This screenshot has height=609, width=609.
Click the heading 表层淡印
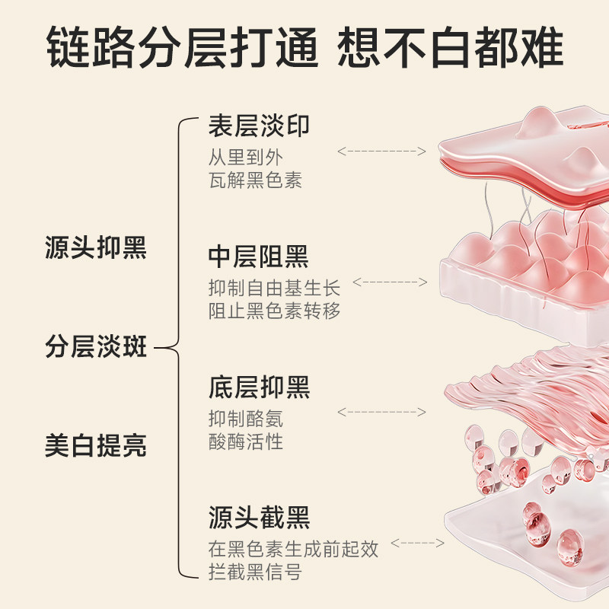tap(259, 126)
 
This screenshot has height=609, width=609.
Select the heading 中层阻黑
tap(259, 257)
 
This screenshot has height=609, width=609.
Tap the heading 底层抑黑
tap(259, 387)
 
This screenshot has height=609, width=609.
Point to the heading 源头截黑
tap(259, 518)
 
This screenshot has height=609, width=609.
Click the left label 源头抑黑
tap(95, 248)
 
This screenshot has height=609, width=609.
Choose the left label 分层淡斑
tap(95, 348)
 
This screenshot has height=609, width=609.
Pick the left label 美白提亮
tap(95, 446)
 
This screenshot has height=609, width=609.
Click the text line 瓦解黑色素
tap(255, 180)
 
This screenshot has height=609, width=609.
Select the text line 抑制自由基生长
tap(274, 289)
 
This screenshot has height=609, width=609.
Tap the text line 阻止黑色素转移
tap(274, 311)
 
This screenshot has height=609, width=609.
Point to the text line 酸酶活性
tap(246, 442)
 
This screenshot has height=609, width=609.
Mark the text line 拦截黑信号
tap(255, 572)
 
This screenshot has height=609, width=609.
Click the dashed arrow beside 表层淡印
tap(381, 151)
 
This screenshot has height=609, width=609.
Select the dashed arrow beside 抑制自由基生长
tap(390, 282)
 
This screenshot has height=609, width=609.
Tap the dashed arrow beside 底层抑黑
tap(381, 412)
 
